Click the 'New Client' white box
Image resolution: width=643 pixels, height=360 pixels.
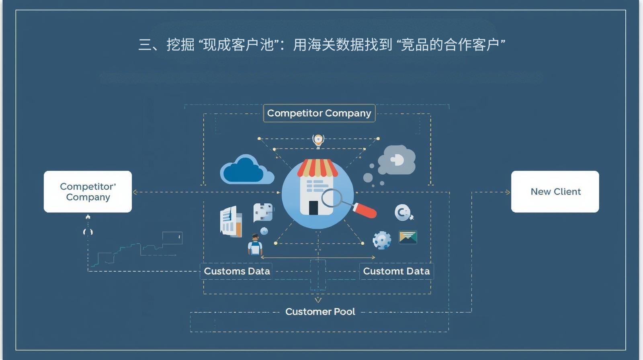[555, 192]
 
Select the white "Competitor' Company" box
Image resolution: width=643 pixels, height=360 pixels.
[88, 192]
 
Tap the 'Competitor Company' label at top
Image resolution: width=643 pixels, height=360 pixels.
[319, 113]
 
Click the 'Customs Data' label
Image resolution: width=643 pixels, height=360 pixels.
[237, 271]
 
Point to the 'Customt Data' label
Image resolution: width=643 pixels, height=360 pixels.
[396, 271]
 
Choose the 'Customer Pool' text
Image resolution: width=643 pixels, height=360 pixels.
[320, 312]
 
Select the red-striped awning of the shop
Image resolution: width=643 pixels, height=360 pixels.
[317, 168]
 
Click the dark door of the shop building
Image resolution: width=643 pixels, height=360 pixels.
[313, 207]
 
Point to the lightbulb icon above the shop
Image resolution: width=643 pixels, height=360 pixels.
[318, 140]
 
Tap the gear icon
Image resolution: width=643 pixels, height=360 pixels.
[381, 240]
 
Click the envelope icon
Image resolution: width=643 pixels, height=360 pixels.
[408, 237]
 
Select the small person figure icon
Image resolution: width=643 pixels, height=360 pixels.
[255, 245]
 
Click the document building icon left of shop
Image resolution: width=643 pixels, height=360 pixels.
[231, 221]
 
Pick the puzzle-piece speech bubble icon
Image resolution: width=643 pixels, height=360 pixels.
[263, 212]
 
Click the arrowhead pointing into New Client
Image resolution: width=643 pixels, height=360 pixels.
[508, 192]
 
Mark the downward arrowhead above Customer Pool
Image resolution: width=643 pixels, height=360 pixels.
[318, 300]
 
